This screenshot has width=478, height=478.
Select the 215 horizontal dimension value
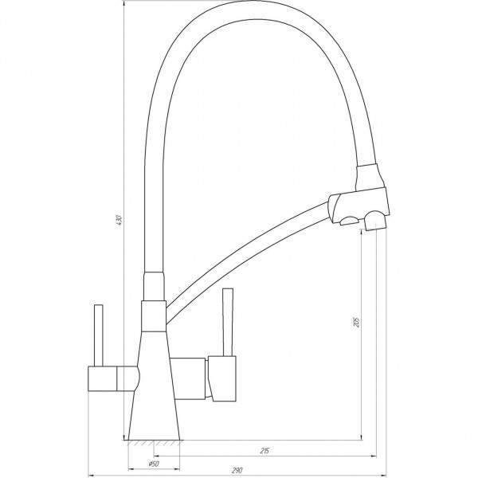[x=266, y=452]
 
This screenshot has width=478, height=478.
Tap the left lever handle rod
[x=100, y=335]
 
